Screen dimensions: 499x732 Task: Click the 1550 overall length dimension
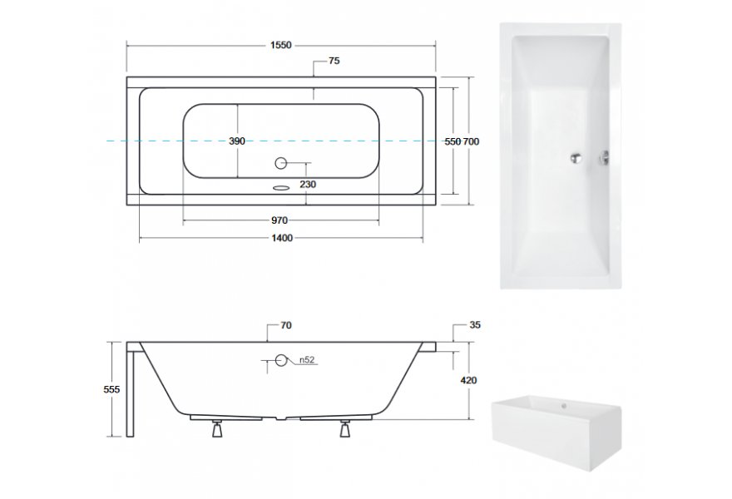[x=280, y=46]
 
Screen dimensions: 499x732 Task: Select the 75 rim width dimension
[x=334, y=62]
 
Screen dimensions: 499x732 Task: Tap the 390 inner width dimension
[x=237, y=141]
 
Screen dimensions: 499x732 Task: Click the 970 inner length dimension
[x=279, y=220]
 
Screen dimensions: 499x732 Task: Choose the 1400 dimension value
[x=282, y=239]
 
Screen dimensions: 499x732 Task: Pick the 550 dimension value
[x=453, y=141]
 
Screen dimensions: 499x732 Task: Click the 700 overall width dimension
[x=471, y=141]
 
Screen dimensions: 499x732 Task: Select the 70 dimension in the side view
[x=285, y=325]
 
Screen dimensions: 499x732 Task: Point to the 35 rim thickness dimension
[x=475, y=325]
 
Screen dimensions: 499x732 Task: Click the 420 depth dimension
[x=467, y=380]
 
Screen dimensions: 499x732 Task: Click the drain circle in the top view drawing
[x=281, y=162]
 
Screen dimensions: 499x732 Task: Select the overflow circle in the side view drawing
[x=281, y=360]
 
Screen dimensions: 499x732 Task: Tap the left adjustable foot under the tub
[x=218, y=429]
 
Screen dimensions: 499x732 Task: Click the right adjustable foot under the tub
[x=344, y=429]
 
